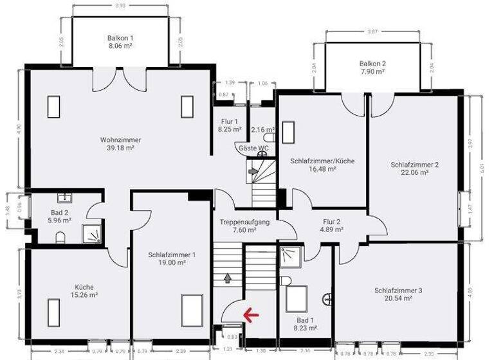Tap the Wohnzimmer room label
120,139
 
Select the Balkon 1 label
120,38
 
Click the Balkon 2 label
372,64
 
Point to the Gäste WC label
253,148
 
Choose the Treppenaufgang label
245,222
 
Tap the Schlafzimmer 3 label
398,291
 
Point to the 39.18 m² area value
120,148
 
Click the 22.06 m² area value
415,173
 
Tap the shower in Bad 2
92,235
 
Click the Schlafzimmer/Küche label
322,161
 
